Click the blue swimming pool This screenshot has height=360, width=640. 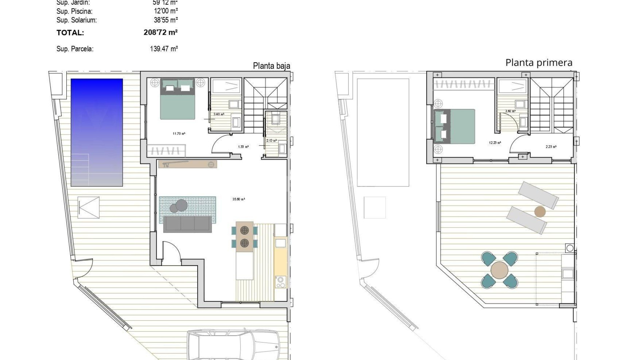97,132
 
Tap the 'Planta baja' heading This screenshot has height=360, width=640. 271,66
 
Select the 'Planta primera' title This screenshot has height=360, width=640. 539,63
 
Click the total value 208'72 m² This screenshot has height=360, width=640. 160,33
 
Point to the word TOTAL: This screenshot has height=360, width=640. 70,33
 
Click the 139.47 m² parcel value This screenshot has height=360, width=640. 164,49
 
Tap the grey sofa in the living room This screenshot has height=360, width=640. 188,224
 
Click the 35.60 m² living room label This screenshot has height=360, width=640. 239,199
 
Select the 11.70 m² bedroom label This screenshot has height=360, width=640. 179,134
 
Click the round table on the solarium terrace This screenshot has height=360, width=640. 499,270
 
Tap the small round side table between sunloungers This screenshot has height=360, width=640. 540,211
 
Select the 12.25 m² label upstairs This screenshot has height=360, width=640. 495,143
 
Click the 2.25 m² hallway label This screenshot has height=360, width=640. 551,147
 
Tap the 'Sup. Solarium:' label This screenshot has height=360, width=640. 77,20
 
